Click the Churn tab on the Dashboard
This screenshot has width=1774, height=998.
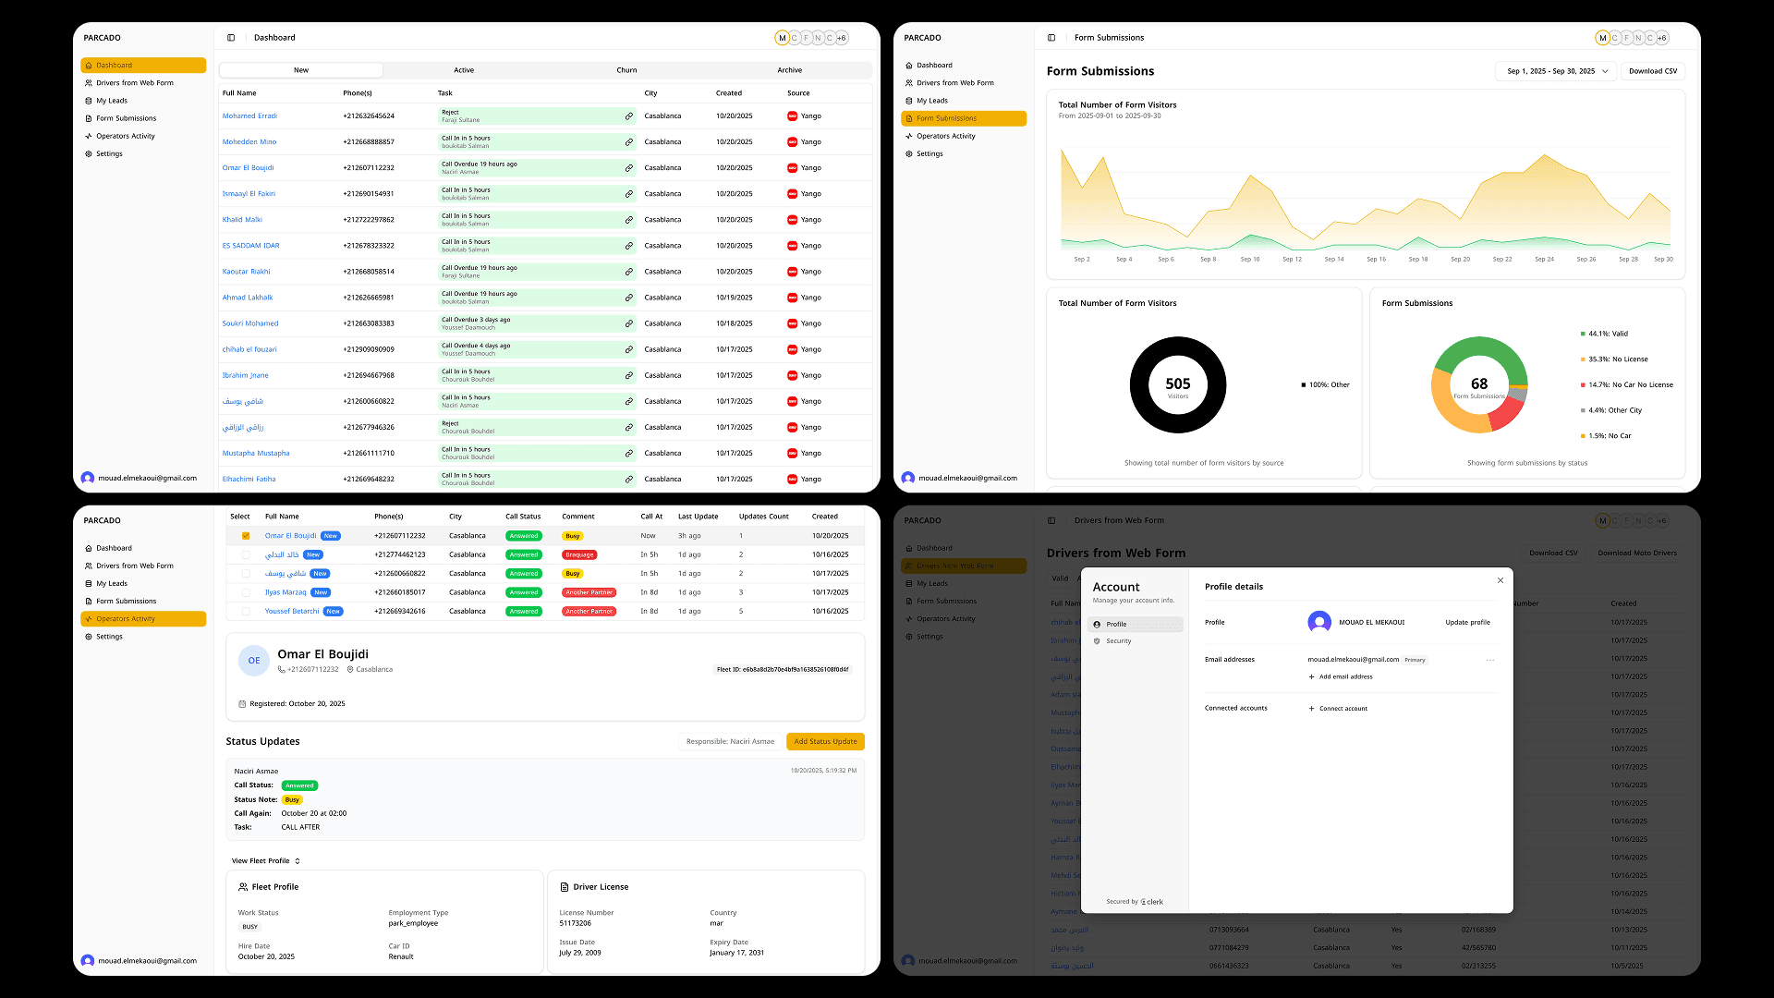626,70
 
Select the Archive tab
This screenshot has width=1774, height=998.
789,70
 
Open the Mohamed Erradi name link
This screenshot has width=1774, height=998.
249,116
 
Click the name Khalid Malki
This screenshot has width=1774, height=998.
242,220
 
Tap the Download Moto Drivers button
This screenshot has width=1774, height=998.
1636,554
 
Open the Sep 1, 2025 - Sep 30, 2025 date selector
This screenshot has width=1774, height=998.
1556,71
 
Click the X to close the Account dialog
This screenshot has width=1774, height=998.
1501,580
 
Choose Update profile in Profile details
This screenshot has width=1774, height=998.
1467,623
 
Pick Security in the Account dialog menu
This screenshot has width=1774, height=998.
1118,641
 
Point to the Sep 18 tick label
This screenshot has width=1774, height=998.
1417,260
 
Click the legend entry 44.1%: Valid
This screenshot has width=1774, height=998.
1608,334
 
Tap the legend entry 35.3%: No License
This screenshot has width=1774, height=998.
1617,359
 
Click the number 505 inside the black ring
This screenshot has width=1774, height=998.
1178,383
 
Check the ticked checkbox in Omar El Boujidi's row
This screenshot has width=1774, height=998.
246,536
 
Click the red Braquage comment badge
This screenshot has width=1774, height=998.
579,555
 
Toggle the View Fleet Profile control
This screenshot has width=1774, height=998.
266,861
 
